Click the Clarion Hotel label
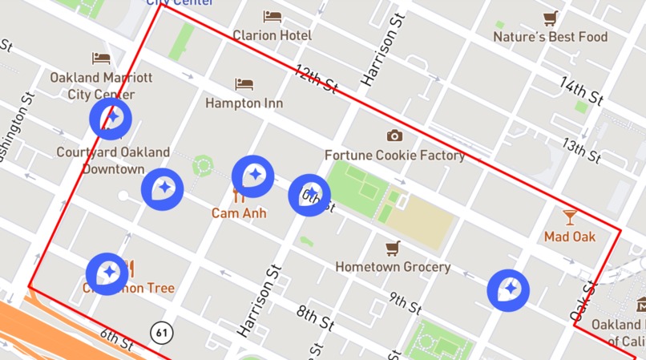point(272,35)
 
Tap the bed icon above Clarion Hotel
point(272,16)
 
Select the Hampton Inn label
point(244,103)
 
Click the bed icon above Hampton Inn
point(244,84)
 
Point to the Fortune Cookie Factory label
point(394,155)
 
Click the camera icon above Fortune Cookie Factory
point(394,136)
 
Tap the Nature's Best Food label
point(550,37)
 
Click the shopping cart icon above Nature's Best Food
point(550,18)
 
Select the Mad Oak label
point(570,237)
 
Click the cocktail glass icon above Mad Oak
point(570,216)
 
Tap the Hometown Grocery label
point(393,266)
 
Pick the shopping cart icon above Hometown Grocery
point(393,248)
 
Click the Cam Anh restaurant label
point(239,213)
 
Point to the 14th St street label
point(581,91)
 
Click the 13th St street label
point(581,148)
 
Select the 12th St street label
point(315,80)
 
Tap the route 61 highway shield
point(163,330)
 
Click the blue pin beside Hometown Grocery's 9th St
point(508,289)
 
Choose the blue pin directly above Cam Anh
point(253,176)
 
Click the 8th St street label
point(315,318)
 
